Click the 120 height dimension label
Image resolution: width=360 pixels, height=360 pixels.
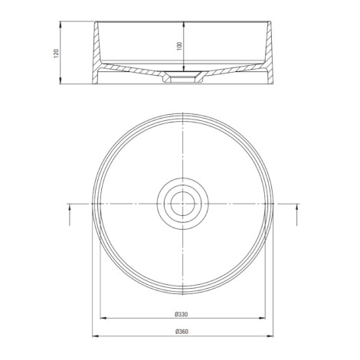tap(56, 53)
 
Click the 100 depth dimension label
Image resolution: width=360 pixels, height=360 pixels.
tap(180, 46)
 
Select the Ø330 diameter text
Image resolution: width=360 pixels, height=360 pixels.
tap(182, 314)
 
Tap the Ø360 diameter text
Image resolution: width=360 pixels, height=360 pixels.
tap(182, 332)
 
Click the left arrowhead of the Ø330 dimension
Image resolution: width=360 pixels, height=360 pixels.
tap(103, 318)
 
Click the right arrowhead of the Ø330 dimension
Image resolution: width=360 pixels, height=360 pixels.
tap(263, 318)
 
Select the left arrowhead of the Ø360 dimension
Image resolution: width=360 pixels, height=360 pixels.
tap(95, 336)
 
